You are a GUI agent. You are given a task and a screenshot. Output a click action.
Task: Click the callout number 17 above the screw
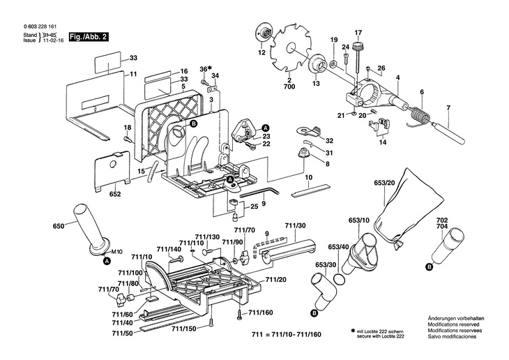pos(358,33)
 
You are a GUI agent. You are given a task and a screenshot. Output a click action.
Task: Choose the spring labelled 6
pos(418,112)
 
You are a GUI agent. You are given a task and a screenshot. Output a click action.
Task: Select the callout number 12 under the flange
pos(262,52)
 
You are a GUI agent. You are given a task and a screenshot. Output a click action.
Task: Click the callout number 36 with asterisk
pos(204,68)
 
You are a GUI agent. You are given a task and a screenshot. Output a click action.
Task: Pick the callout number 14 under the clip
pos(382,142)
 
